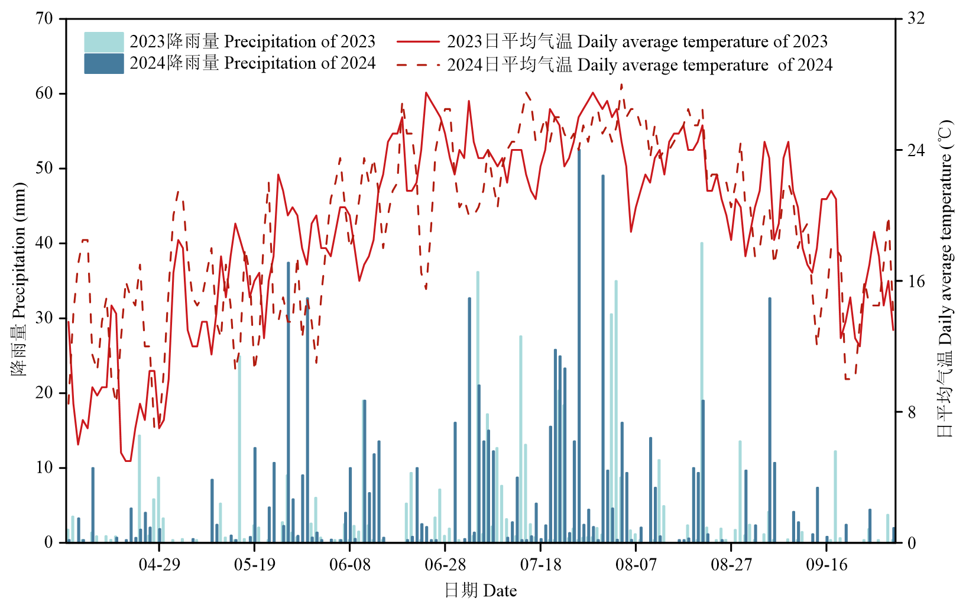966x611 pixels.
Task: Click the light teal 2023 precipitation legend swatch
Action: [x=103, y=42]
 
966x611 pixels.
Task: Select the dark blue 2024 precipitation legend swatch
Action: [x=103, y=64]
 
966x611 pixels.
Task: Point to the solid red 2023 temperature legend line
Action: [x=418, y=42]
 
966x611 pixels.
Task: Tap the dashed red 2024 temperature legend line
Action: [x=418, y=64]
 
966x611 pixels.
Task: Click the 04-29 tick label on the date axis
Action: [x=159, y=564]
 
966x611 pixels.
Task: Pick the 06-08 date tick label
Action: [x=350, y=564]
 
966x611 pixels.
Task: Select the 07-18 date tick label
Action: [x=541, y=564]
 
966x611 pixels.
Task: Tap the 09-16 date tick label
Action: [x=827, y=564]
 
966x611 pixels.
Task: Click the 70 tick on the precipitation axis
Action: [x=44, y=19]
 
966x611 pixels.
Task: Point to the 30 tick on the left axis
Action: [x=44, y=318]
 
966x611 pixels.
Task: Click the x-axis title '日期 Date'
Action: [x=481, y=590]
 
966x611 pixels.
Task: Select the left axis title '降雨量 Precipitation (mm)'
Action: [x=19, y=280]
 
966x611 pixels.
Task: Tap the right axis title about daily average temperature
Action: [x=946, y=280]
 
